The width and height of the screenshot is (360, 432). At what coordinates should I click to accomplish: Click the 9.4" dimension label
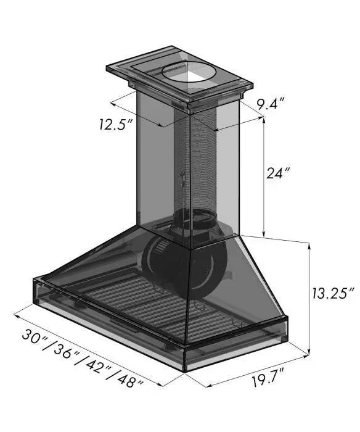270,104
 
